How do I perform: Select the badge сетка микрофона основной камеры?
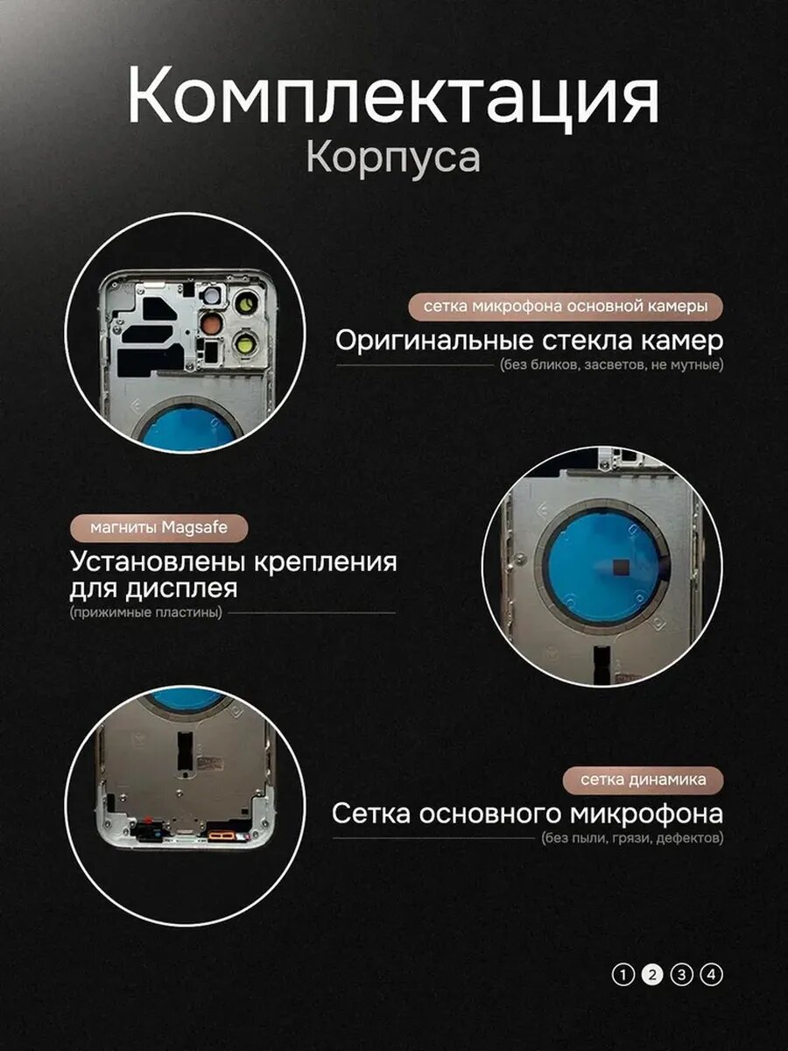click(566, 307)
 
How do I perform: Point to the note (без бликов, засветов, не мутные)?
click(611, 365)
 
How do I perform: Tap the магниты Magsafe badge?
click(158, 527)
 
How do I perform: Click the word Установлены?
click(158, 561)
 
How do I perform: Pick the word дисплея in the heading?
click(181, 589)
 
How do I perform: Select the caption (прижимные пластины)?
click(146, 612)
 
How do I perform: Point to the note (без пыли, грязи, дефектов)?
click(632, 838)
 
